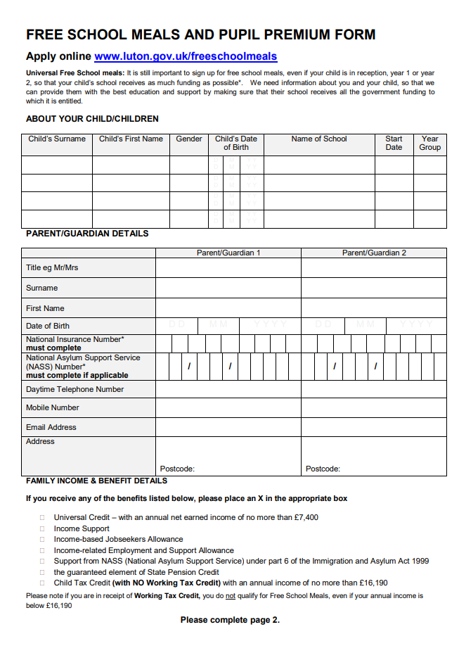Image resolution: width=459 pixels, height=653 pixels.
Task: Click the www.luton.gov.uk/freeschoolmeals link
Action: (x=186, y=56)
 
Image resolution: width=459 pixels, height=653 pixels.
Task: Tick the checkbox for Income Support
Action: (x=42, y=528)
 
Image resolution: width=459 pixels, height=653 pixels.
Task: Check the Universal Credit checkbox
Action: (x=42, y=518)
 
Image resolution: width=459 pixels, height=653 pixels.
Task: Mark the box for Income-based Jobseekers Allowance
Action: (x=42, y=540)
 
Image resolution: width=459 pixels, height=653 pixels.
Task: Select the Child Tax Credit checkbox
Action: (x=42, y=583)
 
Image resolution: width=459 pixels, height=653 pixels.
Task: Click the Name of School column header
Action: (x=319, y=139)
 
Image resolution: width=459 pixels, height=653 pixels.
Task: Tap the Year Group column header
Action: (x=429, y=143)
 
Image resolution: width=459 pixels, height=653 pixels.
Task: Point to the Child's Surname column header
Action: (x=57, y=139)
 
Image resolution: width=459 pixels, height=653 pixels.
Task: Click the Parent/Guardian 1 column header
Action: (x=228, y=253)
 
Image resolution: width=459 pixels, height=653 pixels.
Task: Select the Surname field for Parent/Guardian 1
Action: (x=228, y=288)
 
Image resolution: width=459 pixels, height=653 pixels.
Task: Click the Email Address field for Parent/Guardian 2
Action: (x=373, y=427)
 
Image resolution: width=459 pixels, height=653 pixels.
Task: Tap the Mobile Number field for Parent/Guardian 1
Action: (x=228, y=407)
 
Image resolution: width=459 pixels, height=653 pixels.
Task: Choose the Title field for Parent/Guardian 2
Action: (x=373, y=268)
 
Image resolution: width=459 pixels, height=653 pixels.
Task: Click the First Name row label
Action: (x=45, y=308)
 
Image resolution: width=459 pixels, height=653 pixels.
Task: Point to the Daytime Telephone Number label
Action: (x=75, y=389)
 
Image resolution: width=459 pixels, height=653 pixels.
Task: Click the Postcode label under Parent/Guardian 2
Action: (x=323, y=469)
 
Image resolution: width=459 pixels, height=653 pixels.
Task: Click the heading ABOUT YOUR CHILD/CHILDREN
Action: (x=92, y=119)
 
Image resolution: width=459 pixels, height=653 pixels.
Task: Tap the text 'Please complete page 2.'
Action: (x=230, y=620)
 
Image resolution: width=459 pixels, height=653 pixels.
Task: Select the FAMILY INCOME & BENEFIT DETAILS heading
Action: (x=96, y=481)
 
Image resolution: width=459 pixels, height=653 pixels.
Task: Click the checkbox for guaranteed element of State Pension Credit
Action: (x=42, y=572)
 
